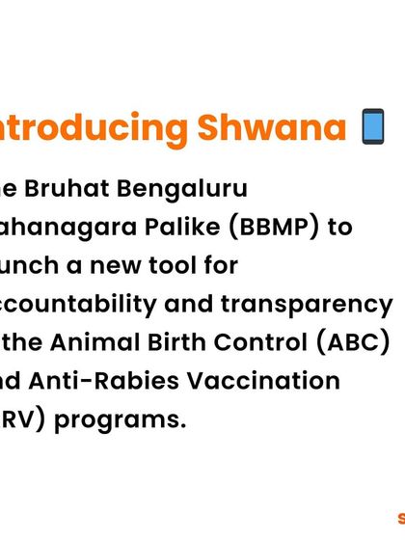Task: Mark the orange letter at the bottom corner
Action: (x=400, y=517)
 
